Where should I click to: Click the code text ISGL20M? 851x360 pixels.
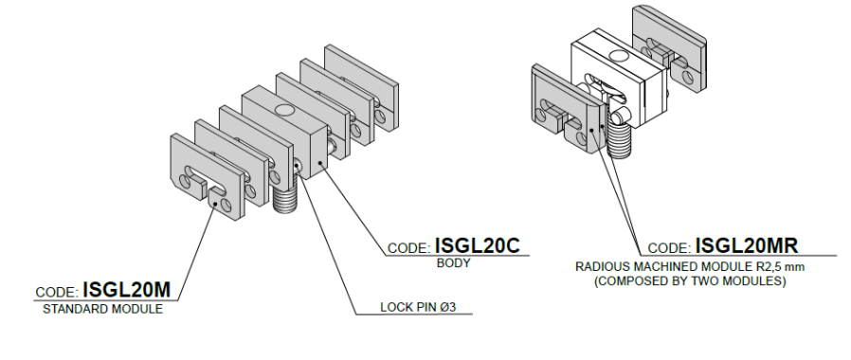coord(126,290)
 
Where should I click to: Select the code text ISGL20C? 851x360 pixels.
coord(477,245)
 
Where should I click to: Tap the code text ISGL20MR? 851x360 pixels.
coord(746,245)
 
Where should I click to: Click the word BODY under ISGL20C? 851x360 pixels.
coord(454,263)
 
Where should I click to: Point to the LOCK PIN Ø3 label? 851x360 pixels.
coord(418,307)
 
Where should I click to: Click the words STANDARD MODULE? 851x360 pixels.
coord(102,309)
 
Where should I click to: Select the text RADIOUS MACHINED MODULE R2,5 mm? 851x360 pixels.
coord(690,267)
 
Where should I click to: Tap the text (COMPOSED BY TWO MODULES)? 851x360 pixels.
coord(690,281)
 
